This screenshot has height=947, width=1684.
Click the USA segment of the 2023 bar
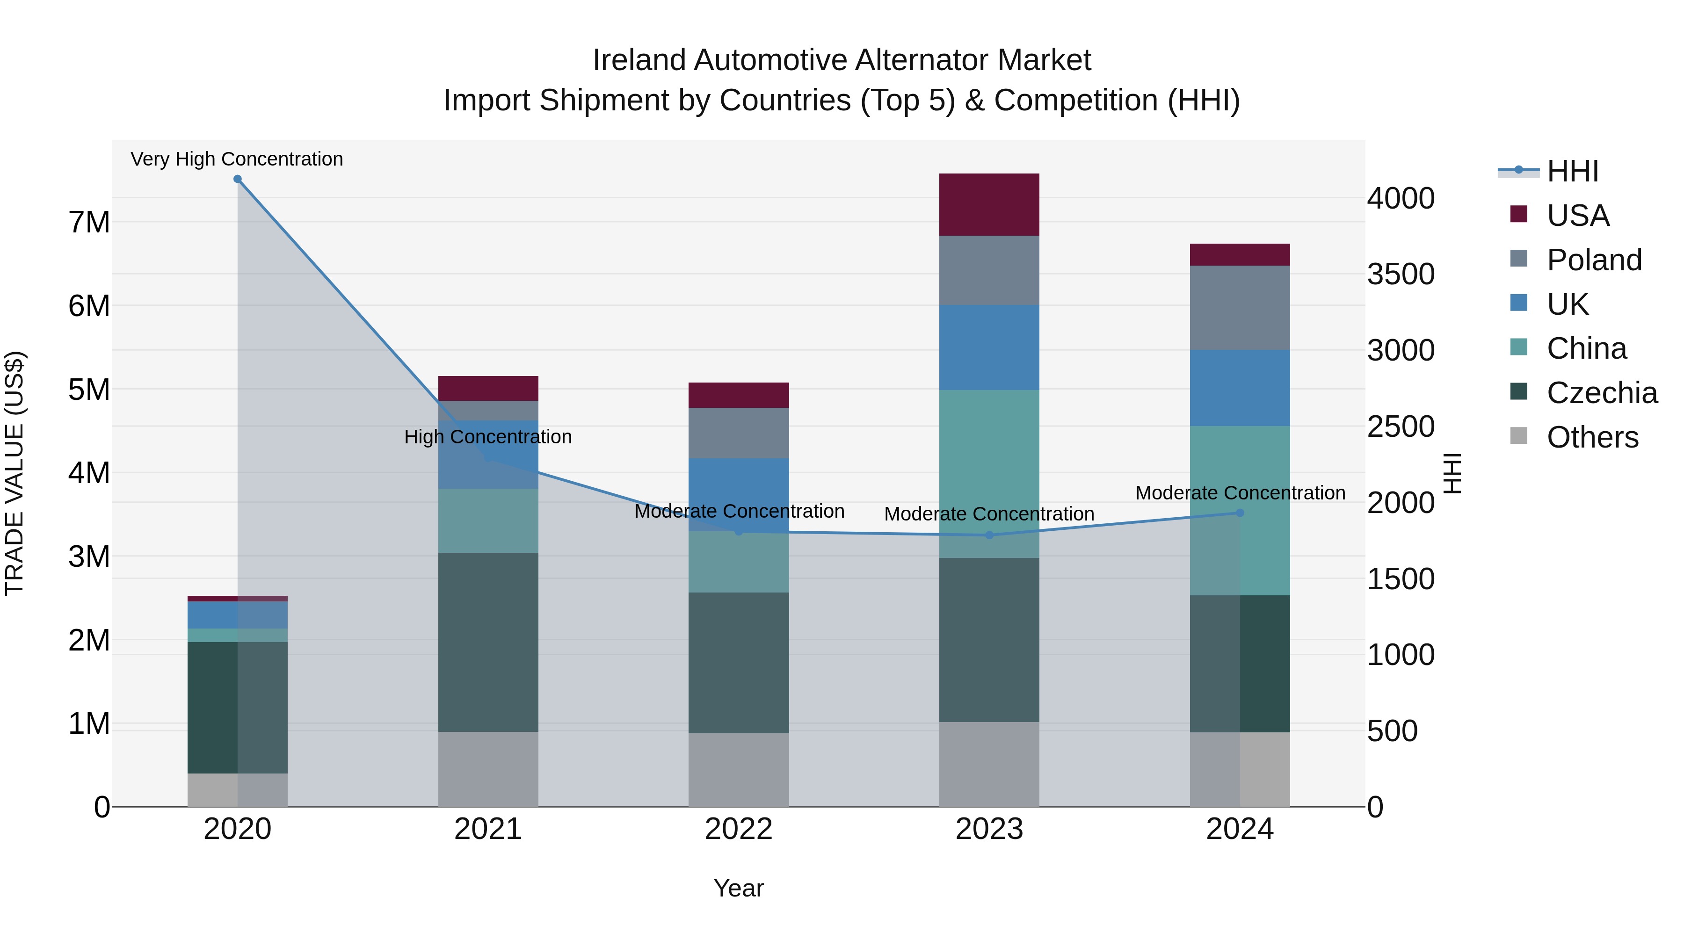988,204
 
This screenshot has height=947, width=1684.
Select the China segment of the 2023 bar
988,474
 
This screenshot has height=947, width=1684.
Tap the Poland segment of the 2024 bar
1240,307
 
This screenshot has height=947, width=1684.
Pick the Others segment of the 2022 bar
738,769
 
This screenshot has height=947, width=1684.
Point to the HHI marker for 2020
237,179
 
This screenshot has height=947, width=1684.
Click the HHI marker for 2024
1240,513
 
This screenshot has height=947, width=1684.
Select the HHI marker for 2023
988,535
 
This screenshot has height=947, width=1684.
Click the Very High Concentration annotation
237,159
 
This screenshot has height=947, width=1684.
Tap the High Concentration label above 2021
488,437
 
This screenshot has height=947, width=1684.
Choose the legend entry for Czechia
1602,393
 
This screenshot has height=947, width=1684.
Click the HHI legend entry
1572,171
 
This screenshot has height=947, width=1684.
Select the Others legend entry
1592,437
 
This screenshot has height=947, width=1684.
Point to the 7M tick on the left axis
89,222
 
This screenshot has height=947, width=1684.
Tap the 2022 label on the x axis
738,829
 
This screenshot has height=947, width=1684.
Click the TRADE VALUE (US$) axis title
15,473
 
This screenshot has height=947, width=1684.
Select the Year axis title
738,888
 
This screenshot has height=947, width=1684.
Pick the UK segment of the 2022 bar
738,495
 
